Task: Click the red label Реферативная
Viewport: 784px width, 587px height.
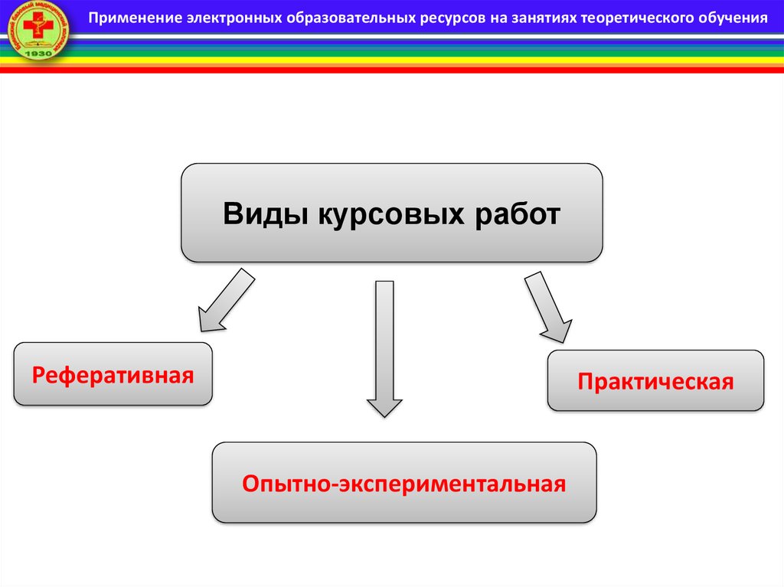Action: [x=113, y=375]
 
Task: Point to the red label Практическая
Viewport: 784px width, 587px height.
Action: [x=655, y=381]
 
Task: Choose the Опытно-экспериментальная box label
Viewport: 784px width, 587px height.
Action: [x=403, y=484]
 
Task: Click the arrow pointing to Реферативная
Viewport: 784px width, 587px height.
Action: [x=225, y=300]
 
